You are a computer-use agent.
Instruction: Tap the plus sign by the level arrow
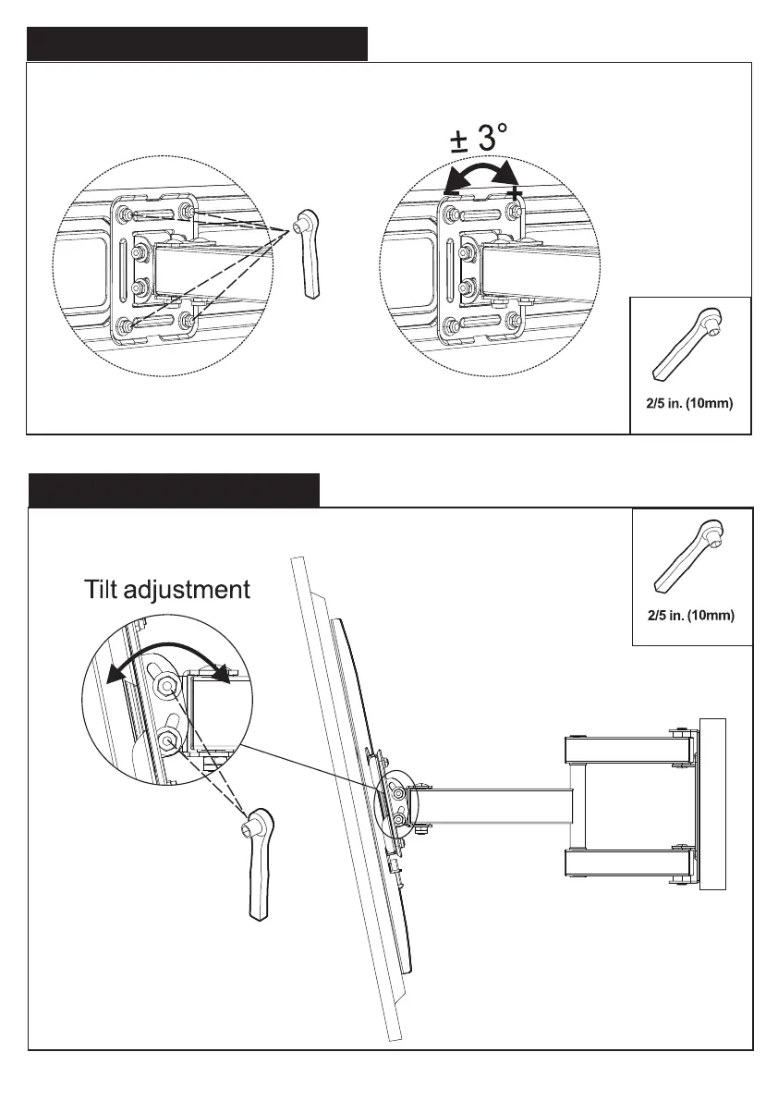tap(514, 192)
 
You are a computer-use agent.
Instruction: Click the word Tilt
tap(105, 589)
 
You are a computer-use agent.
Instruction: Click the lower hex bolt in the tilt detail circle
tap(167, 739)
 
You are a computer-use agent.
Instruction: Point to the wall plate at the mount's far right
tap(712, 803)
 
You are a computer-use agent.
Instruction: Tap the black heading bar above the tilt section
tap(174, 490)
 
